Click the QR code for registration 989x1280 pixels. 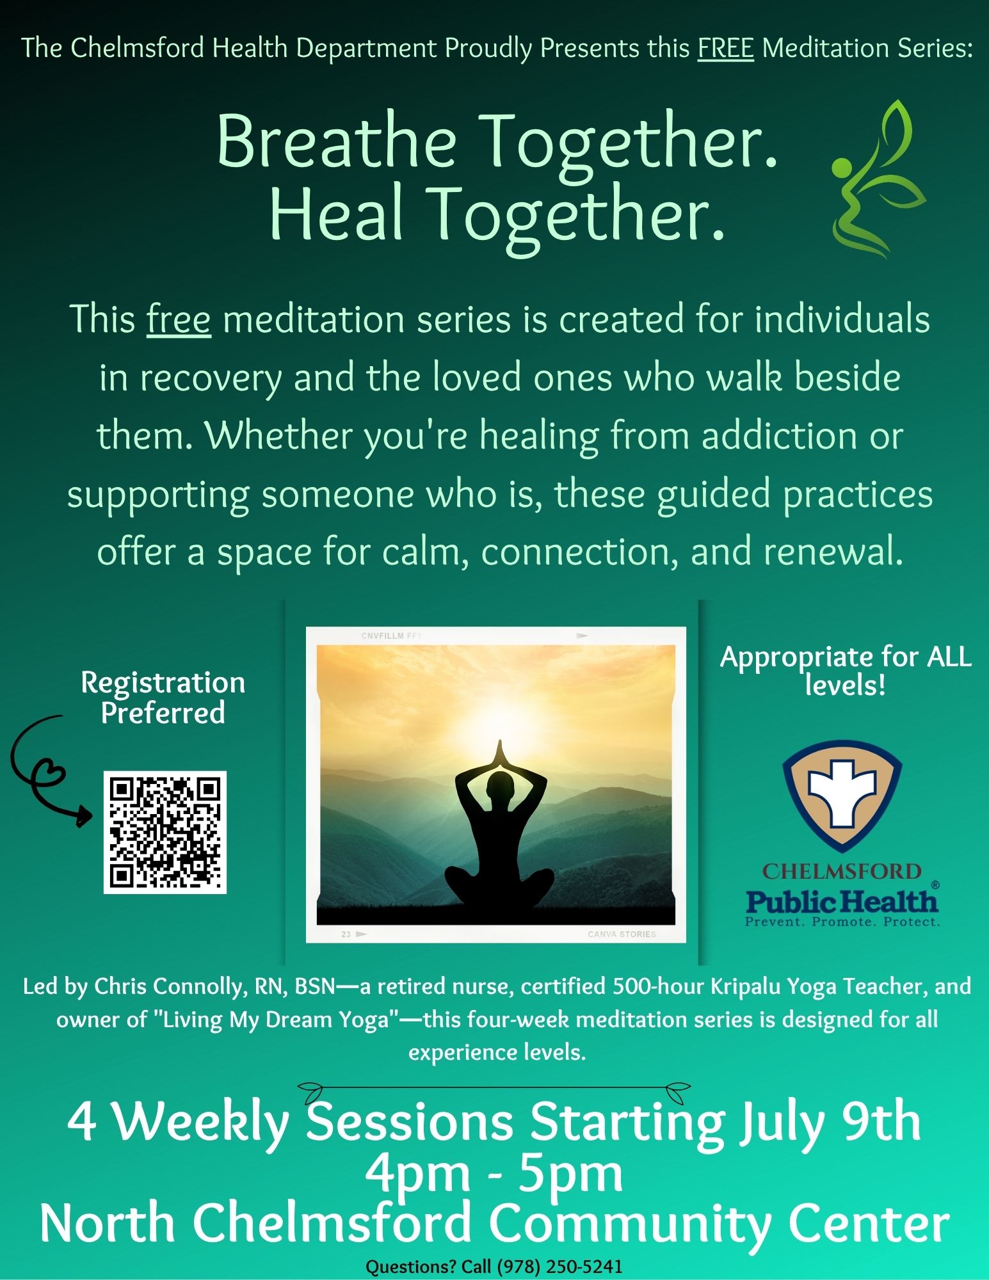coord(165,832)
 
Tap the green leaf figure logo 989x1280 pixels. coord(878,179)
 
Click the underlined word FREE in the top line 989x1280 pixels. coord(726,48)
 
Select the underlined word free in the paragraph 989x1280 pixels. coord(179,319)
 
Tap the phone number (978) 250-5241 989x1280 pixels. coord(556,1267)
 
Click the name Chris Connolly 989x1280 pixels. coord(169,986)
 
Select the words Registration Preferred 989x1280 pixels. coord(163,698)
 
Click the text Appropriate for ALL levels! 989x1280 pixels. coord(846,671)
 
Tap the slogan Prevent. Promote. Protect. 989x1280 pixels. coord(842,922)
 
